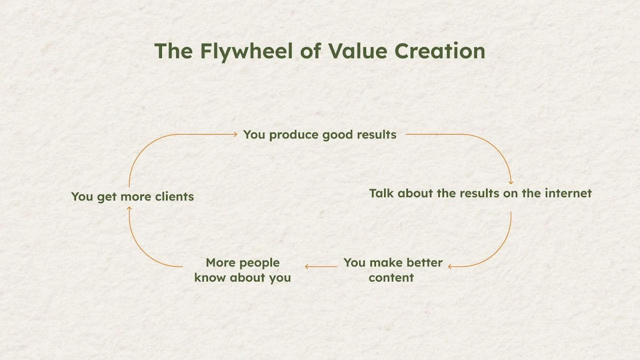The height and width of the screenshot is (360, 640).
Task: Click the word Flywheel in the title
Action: click(x=246, y=52)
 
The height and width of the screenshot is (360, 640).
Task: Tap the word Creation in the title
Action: click(x=440, y=51)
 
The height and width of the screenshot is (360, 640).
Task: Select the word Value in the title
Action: click(x=358, y=51)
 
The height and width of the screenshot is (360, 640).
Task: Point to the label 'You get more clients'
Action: click(x=132, y=197)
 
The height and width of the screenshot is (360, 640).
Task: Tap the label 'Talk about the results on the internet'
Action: click(x=480, y=194)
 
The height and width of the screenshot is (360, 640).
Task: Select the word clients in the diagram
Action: click(x=174, y=196)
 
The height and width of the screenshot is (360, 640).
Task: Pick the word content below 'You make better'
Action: click(x=392, y=278)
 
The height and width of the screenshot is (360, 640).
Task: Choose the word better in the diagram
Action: click(x=424, y=262)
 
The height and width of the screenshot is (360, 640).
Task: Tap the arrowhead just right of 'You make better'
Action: click(x=450, y=266)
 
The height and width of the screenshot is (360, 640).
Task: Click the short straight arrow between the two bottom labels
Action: click(x=321, y=266)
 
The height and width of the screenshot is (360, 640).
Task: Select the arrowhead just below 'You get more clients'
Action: click(x=130, y=209)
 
